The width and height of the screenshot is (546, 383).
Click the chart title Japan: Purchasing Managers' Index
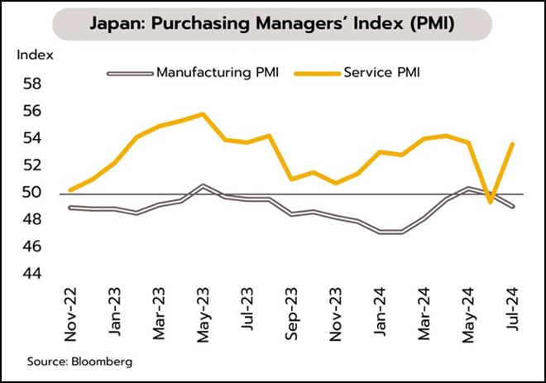tap(273, 24)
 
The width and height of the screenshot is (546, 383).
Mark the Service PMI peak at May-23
tap(203, 114)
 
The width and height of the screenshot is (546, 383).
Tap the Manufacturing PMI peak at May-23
tap(203, 186)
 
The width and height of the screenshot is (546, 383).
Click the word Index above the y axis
tap(36, 55)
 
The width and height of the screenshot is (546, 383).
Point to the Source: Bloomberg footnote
tap(79, 361)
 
